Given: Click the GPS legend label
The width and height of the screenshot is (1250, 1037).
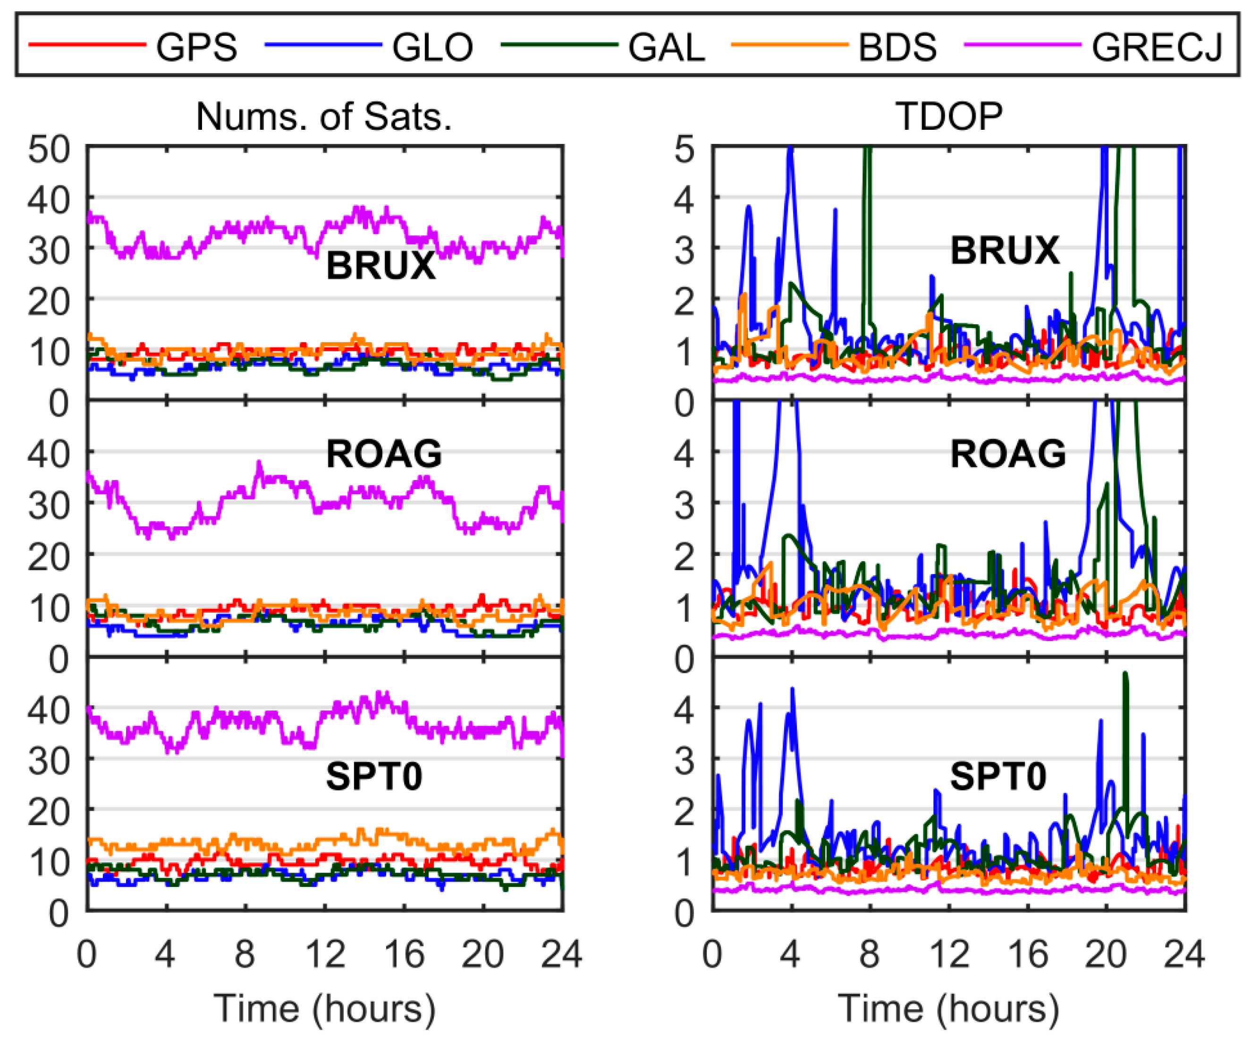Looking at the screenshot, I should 196,47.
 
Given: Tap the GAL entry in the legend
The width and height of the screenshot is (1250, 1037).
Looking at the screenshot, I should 666,47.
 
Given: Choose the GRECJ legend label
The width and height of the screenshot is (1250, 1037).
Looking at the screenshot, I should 1157,47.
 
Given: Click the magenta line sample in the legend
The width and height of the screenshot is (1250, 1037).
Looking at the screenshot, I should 1022,45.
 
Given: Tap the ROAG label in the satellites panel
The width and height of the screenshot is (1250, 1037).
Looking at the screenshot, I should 384,454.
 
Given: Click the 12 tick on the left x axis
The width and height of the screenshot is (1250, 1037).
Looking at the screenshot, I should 325,954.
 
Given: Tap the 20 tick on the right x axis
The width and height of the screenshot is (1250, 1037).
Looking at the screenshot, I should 1106,954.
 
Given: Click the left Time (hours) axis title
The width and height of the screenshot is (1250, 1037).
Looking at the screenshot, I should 324,1008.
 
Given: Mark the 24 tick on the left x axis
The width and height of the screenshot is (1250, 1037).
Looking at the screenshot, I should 561,954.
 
